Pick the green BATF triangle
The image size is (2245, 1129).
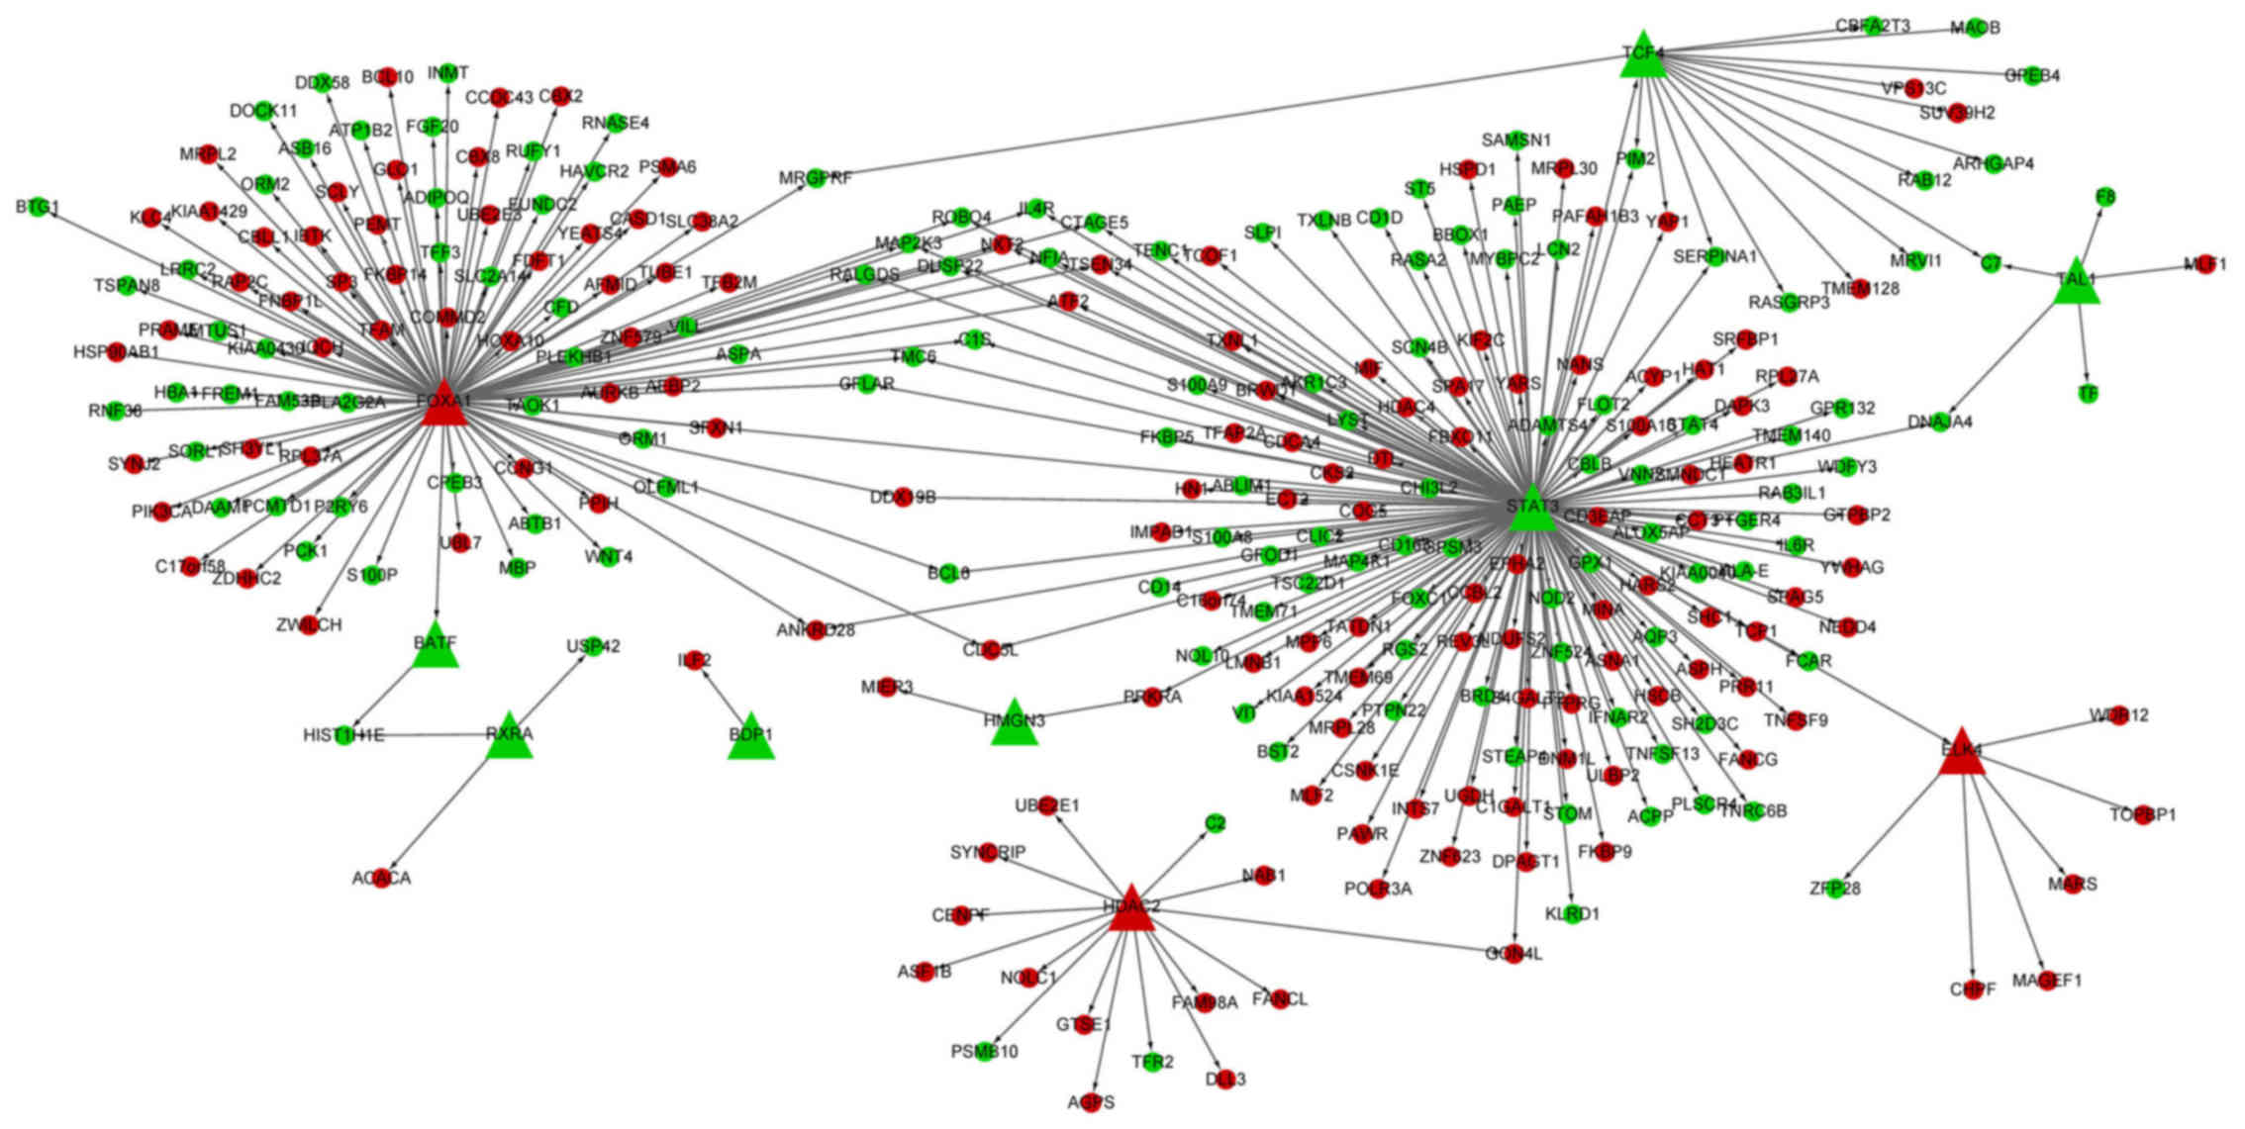[x=436, y=647]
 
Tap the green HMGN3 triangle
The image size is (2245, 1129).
[x=1015, y=724]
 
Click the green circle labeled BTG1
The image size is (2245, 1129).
[x=39, y=206]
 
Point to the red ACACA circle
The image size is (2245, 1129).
[x=382, y=878]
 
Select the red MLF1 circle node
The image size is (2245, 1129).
[x=2204, y=264]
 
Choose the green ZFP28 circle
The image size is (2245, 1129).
[x=1833, y=889]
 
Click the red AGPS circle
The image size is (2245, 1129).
[x=1091, y=1102]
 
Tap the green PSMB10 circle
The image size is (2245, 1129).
[x=985, y=1052]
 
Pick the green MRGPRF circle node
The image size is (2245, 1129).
[x=815, y=178]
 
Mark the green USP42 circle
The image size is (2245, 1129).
[x=592, y=646]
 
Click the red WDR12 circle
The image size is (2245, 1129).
[x=2118, y=715]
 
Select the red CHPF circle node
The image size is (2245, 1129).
[x=1973, y=989]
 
